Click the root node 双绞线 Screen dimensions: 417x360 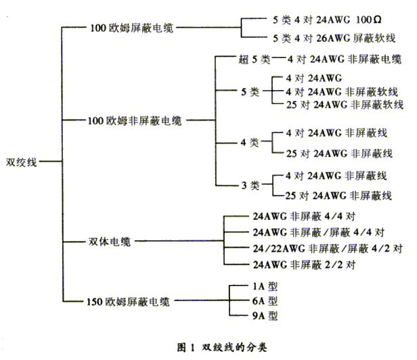click(x=21, y=162)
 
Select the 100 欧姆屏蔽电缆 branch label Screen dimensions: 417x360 click(x=132, y=28)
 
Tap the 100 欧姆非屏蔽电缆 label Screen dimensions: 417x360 click(x=135, y=120)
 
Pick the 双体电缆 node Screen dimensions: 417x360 click(x=110, y=242)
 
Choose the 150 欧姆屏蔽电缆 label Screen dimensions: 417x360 click(x=128, y=302)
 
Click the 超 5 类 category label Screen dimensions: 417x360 click(x=255, y=60)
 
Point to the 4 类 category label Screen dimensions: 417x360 click(x=250, y=143)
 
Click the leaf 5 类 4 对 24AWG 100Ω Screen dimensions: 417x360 click(x=327, y=20)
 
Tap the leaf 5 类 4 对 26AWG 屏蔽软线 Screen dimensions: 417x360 click(x=334, y=39)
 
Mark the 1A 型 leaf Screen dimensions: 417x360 click(x=265, y=286)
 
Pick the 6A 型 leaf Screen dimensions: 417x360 click(x=265, y=301)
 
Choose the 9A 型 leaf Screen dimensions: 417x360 click(x=265, y=315)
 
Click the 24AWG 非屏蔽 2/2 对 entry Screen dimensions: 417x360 click(x=304, y=265)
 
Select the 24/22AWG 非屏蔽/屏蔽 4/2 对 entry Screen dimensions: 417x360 click(x=328, y=248)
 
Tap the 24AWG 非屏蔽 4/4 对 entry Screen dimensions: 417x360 click(x=304, y=217)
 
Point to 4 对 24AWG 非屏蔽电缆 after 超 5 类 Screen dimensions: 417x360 click(x=345, y=60)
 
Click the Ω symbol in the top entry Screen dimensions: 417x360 click(x=377, y=20)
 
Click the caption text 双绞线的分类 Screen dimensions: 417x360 click(x=234, y=347)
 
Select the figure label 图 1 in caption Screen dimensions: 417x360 click(x=186, y=347)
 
